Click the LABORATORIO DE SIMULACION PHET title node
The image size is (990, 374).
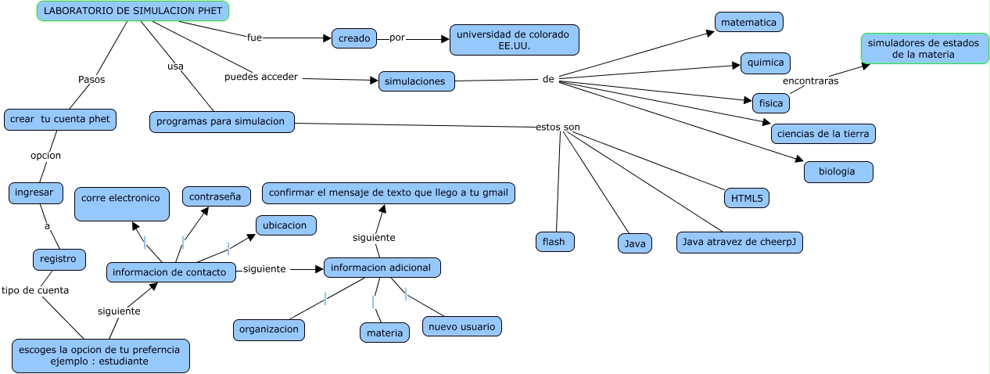[x=134, y=10]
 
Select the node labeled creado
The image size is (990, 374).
[x=354, y=38]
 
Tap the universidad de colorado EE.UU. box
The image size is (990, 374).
[x=514, y=40]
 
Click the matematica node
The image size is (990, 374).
[x=748, y=23]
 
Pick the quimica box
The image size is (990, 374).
[x=766, y=63]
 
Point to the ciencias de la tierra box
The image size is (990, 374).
[x=823, y=133]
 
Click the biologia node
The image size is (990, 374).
[x=838, y=171]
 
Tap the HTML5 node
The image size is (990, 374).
[x=746, y=198]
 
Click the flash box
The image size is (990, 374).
[x=554, y=242]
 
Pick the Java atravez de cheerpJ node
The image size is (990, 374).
[x=739, y=243]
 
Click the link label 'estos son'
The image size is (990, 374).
[x=558, y=127]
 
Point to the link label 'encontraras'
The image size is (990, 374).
[x=810, y=81]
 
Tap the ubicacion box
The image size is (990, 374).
[x=285, y=225]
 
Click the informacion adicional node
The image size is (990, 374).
[x=382, y=268]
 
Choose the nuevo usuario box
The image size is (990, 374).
[x=461, y=326]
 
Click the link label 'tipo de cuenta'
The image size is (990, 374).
[x=35, y=289]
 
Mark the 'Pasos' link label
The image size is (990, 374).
[x=91, y=79]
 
